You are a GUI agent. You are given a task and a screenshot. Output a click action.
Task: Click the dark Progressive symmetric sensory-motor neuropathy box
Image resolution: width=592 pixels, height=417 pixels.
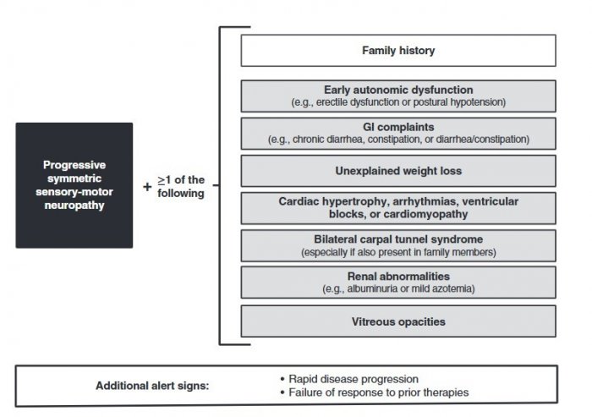pyautogui.click(x=74, y=185)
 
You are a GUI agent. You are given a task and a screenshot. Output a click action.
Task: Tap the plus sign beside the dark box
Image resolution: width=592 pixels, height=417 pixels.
pyautogui.click(x=147, y=187)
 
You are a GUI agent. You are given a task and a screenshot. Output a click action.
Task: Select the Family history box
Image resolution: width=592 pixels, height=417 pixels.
pyautogui.click(x=398, y=51)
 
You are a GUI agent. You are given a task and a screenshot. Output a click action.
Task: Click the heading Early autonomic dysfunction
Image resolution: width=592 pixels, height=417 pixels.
pyautogui.click(x=398, y=90)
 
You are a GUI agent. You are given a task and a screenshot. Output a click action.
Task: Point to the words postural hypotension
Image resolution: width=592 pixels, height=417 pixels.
pyautogui.click(x=459, y=102)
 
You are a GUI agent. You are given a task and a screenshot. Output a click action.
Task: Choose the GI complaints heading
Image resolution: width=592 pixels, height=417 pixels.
pyautogui.click(x=398, y=127)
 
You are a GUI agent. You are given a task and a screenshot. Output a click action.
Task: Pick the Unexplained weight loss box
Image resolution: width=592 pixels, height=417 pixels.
pyautogui.click(x=398, y=171)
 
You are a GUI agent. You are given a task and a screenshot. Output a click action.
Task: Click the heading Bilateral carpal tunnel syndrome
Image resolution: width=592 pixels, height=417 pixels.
pyautogui.click(x=398, y=239)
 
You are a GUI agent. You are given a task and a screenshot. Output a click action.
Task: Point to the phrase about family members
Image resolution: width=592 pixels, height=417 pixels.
pyautogui.click(x=398, y=252)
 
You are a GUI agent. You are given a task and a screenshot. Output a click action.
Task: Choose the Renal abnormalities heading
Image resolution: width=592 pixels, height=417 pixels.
pyautogui.click(x=398, y=277)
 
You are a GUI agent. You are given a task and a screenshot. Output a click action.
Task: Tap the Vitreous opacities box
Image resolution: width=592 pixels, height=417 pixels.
pyautogui.click(x=398, y=321)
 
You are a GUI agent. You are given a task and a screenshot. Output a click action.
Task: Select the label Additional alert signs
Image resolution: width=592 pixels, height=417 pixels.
pyautogui.click(x=152, y=386)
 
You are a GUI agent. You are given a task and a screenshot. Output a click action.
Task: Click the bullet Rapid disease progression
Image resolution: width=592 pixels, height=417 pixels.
pyautogui.click(x=349, y=379)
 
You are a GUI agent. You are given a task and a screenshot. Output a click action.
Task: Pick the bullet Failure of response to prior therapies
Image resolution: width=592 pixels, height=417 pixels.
pyautogui.click(x=375, y=392)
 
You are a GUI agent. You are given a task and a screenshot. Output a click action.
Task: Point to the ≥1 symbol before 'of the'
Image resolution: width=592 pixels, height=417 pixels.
pyautogui.click(x=164, y=180)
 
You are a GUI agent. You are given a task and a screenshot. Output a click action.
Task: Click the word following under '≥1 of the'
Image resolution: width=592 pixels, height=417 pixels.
pyautogui.click(x=181, y=194)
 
